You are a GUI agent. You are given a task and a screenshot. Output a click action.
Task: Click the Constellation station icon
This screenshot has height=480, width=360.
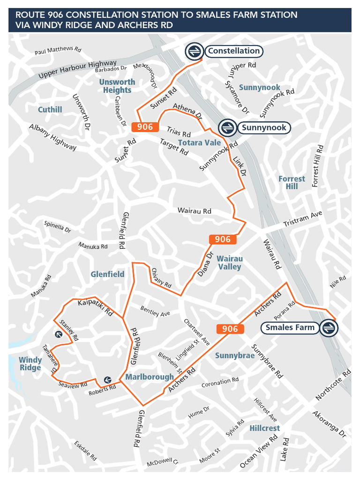[194, 52]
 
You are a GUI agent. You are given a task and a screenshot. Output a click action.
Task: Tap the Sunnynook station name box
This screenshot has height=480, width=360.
[263, 127]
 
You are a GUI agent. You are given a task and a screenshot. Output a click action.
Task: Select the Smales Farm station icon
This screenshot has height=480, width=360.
[329, 328]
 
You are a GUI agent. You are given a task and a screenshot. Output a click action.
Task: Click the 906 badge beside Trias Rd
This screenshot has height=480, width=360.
[145, 127]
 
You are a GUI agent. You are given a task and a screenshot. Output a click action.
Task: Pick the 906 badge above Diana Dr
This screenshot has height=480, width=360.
[223, 240]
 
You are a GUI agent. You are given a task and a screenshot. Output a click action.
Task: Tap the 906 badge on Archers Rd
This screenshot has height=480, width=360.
[230, 329]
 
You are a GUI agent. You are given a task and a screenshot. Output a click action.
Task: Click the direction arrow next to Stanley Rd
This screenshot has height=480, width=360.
[59, 334]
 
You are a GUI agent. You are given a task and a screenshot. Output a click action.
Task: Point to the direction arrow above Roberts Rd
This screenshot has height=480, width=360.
[107, 380]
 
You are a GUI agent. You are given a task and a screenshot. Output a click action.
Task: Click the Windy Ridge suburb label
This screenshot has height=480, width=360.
[30, 364]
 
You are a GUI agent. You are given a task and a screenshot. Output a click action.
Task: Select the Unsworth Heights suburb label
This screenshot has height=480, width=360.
[117, 86]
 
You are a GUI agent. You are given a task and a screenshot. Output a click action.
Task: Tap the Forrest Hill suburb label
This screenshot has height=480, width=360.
[292, 182]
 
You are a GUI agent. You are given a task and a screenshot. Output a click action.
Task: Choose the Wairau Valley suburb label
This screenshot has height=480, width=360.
[230, 262]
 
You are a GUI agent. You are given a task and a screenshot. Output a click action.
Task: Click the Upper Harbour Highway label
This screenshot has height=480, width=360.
[77, 69]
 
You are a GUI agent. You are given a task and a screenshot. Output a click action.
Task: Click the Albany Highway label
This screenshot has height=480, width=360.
[52, 137]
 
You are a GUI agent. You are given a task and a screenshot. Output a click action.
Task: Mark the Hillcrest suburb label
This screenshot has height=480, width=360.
[264, 428]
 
